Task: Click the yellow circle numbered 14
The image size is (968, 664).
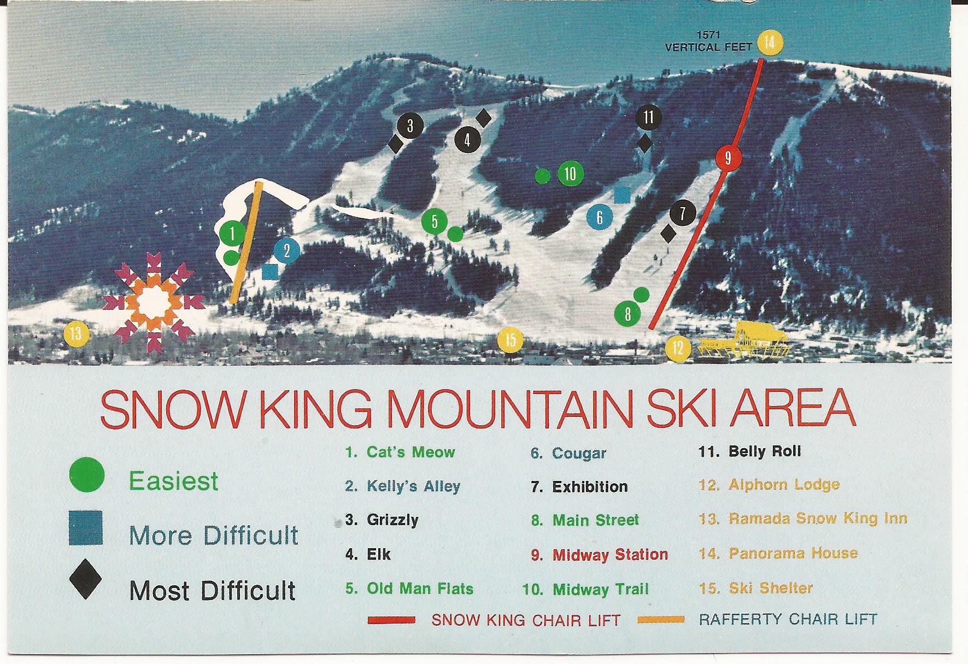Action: click(x=769, y=42)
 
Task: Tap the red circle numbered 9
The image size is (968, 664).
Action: click(x=728, y=158)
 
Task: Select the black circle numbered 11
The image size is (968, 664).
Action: click(x=649, y=117)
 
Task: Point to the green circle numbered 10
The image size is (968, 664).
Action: click(x=570, y=174)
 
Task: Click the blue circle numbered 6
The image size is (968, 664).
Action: click(x=600, y=217)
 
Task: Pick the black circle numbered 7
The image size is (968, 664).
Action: click(x=682, y=213)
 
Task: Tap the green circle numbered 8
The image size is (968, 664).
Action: click(x=627, y=314)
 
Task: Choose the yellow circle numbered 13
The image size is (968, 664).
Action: click(x=76, y=333)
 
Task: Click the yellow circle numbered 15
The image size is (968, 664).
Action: click(x=510, y=340)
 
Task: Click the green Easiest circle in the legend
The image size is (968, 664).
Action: click(x=87, y=474)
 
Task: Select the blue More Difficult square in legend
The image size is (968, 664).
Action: click(x=86, y=527)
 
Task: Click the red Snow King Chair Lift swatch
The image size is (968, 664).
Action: click(x=391, y=620)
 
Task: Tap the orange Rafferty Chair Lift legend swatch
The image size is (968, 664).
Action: click(x=660, y=619)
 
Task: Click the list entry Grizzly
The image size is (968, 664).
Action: click(x=392, y=520)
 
